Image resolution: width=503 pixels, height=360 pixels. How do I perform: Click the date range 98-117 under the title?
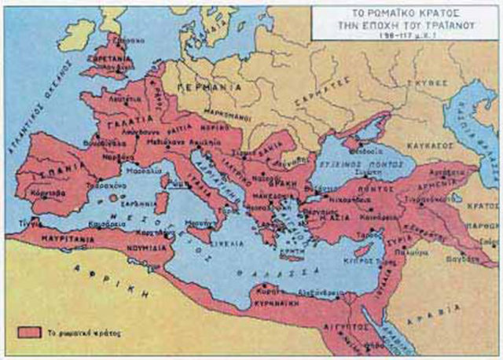pos(407,36)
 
